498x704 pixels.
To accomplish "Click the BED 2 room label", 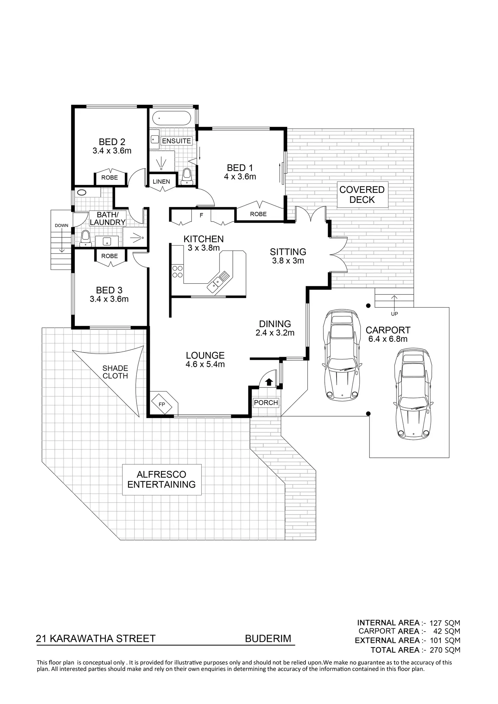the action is (112, 142).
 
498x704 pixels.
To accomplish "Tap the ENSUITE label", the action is (177, 141).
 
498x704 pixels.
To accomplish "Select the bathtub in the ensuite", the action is (172, 118).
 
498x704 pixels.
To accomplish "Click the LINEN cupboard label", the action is (161, 182).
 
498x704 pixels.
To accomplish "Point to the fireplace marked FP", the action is (162, 404).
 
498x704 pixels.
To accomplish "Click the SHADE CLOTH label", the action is (115, 372).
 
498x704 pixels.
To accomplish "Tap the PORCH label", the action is (266, 402).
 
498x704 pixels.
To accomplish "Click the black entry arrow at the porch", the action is (269, 382).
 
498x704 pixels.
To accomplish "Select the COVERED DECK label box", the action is (362, 195).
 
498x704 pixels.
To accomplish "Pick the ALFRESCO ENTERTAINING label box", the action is (161, 479).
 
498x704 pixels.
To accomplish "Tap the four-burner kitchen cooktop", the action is (177, 272).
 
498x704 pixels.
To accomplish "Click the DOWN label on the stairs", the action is (62, 226).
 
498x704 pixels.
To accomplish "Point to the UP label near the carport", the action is (394, 314).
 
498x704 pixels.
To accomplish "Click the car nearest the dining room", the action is (341, 355).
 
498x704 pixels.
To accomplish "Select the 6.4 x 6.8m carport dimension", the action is (388, 339).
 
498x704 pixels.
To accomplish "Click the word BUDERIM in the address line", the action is (268, 639).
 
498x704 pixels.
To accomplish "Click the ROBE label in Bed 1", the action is (258, 214).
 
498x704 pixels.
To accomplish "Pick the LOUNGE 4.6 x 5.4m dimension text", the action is (205, 365).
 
